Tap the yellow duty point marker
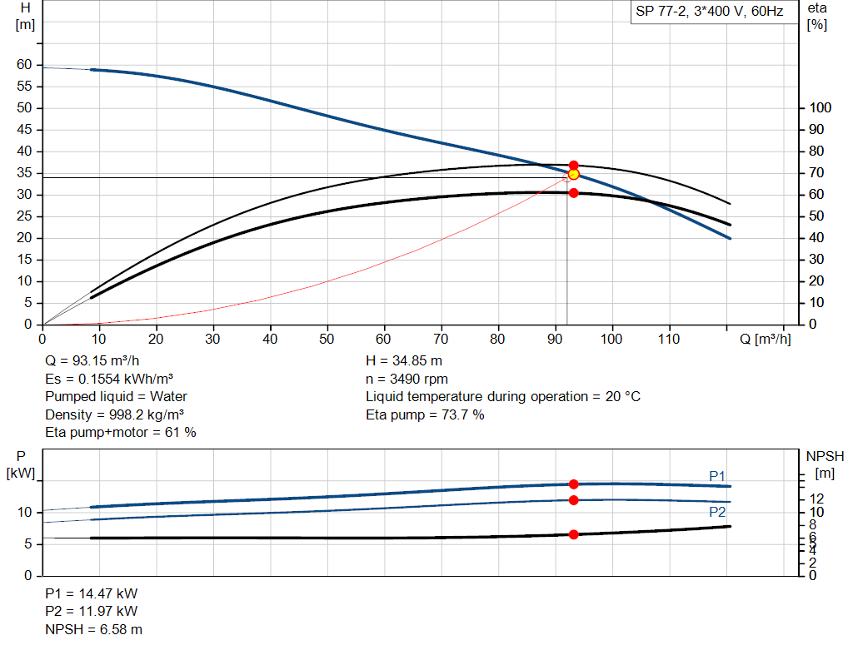pos(573,174)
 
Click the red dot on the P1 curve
pos(573,484)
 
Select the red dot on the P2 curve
pos(573,500)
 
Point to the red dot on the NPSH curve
pos(573,534)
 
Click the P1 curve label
pos(717,475)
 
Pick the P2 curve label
pos(717,512)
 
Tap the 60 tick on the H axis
pos(24,65)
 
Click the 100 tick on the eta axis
pos(821,108)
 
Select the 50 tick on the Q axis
pos(327,339)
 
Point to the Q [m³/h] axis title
pos(765,339)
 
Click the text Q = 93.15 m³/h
pos(92,361)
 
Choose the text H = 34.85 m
pos(404,361)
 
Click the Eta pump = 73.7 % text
pos(425,414)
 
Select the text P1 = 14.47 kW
pos(92,594)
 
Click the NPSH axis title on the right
pos(825,456)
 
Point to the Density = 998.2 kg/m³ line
pos(115,414)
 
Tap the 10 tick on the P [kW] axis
pos(27,512)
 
